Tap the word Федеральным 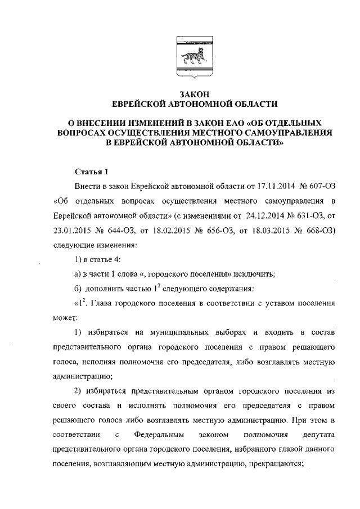[x=157, y=435]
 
